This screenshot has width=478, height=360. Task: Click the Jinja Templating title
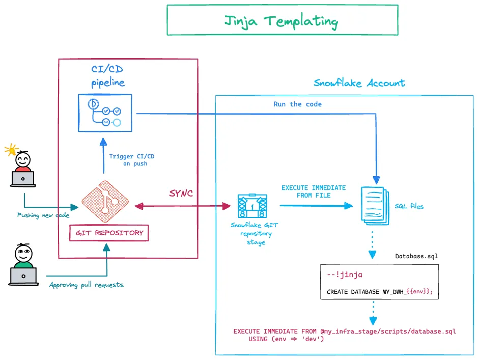tap(282, 21)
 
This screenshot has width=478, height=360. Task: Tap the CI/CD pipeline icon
tap(104, 112)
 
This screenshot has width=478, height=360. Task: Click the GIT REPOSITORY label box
tap(109, 233)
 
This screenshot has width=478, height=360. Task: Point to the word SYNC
tap(182, 195)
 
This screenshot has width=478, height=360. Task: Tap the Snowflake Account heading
tap(359, 83)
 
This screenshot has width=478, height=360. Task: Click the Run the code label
tap(297, 104)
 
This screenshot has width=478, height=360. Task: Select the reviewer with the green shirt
tap(23, 265)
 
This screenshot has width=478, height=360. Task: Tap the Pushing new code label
tap(43, 215)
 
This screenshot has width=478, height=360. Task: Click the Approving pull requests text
tap(86, 285)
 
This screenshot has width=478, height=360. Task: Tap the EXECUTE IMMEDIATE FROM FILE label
tap(313, 191)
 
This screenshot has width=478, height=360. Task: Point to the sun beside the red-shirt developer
tap(10, 150)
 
